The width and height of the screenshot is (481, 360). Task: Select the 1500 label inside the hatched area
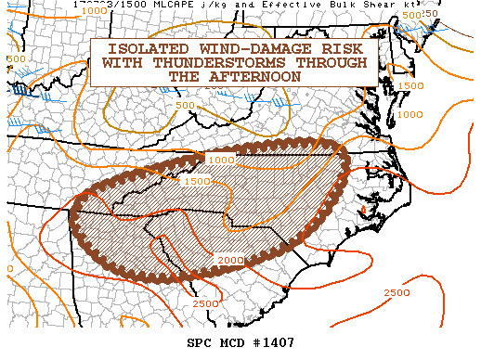coord(197,182)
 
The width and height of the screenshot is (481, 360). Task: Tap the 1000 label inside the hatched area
coord(221,161)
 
